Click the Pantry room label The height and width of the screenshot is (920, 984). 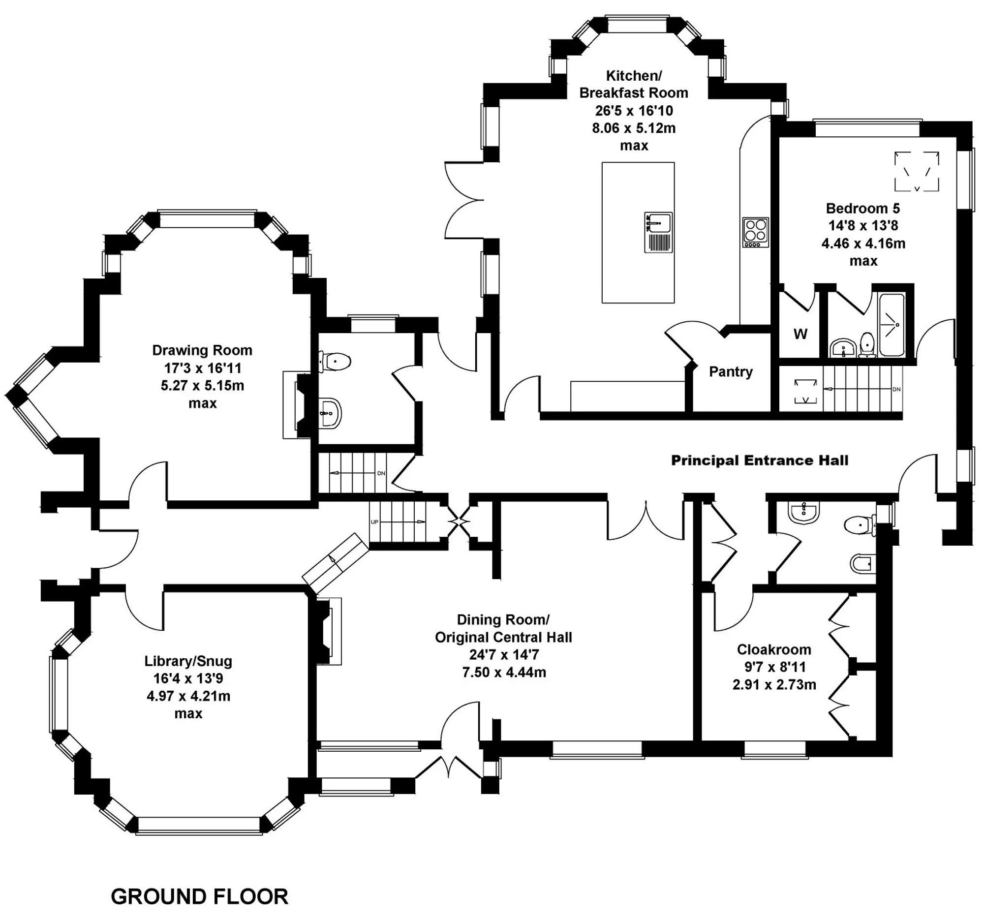click(x=731, y=371)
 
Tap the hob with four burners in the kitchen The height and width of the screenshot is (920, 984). click(x=756, y=232)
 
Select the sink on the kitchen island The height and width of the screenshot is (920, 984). click(x=658, y=232)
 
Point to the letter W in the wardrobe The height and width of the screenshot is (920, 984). click(x=800, y=334)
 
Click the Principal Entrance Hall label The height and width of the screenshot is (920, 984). click(x=759, y=460)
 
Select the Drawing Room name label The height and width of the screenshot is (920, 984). click(x=202, y=350)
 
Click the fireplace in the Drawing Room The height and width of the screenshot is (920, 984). click(x=297, y=405)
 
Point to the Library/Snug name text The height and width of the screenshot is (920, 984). click(x=188, y=661)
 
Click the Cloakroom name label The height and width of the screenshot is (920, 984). click(x=774, y=649)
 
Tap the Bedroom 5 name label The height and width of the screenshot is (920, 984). click(x=863, y=208)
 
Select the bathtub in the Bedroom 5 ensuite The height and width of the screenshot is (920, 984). click(x=892, y=325)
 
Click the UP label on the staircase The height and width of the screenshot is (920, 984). click(x=374, y=522)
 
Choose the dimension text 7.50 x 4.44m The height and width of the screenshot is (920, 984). click(x=504, y=672)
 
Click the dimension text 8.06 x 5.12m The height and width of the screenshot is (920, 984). click(x=634, y=128)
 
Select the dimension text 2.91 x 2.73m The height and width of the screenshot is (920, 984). click(x=774, y=684)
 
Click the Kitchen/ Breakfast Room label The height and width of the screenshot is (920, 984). click(x=634, y=84)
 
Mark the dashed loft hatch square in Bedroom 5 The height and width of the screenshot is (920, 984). click(x=917, y=171)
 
